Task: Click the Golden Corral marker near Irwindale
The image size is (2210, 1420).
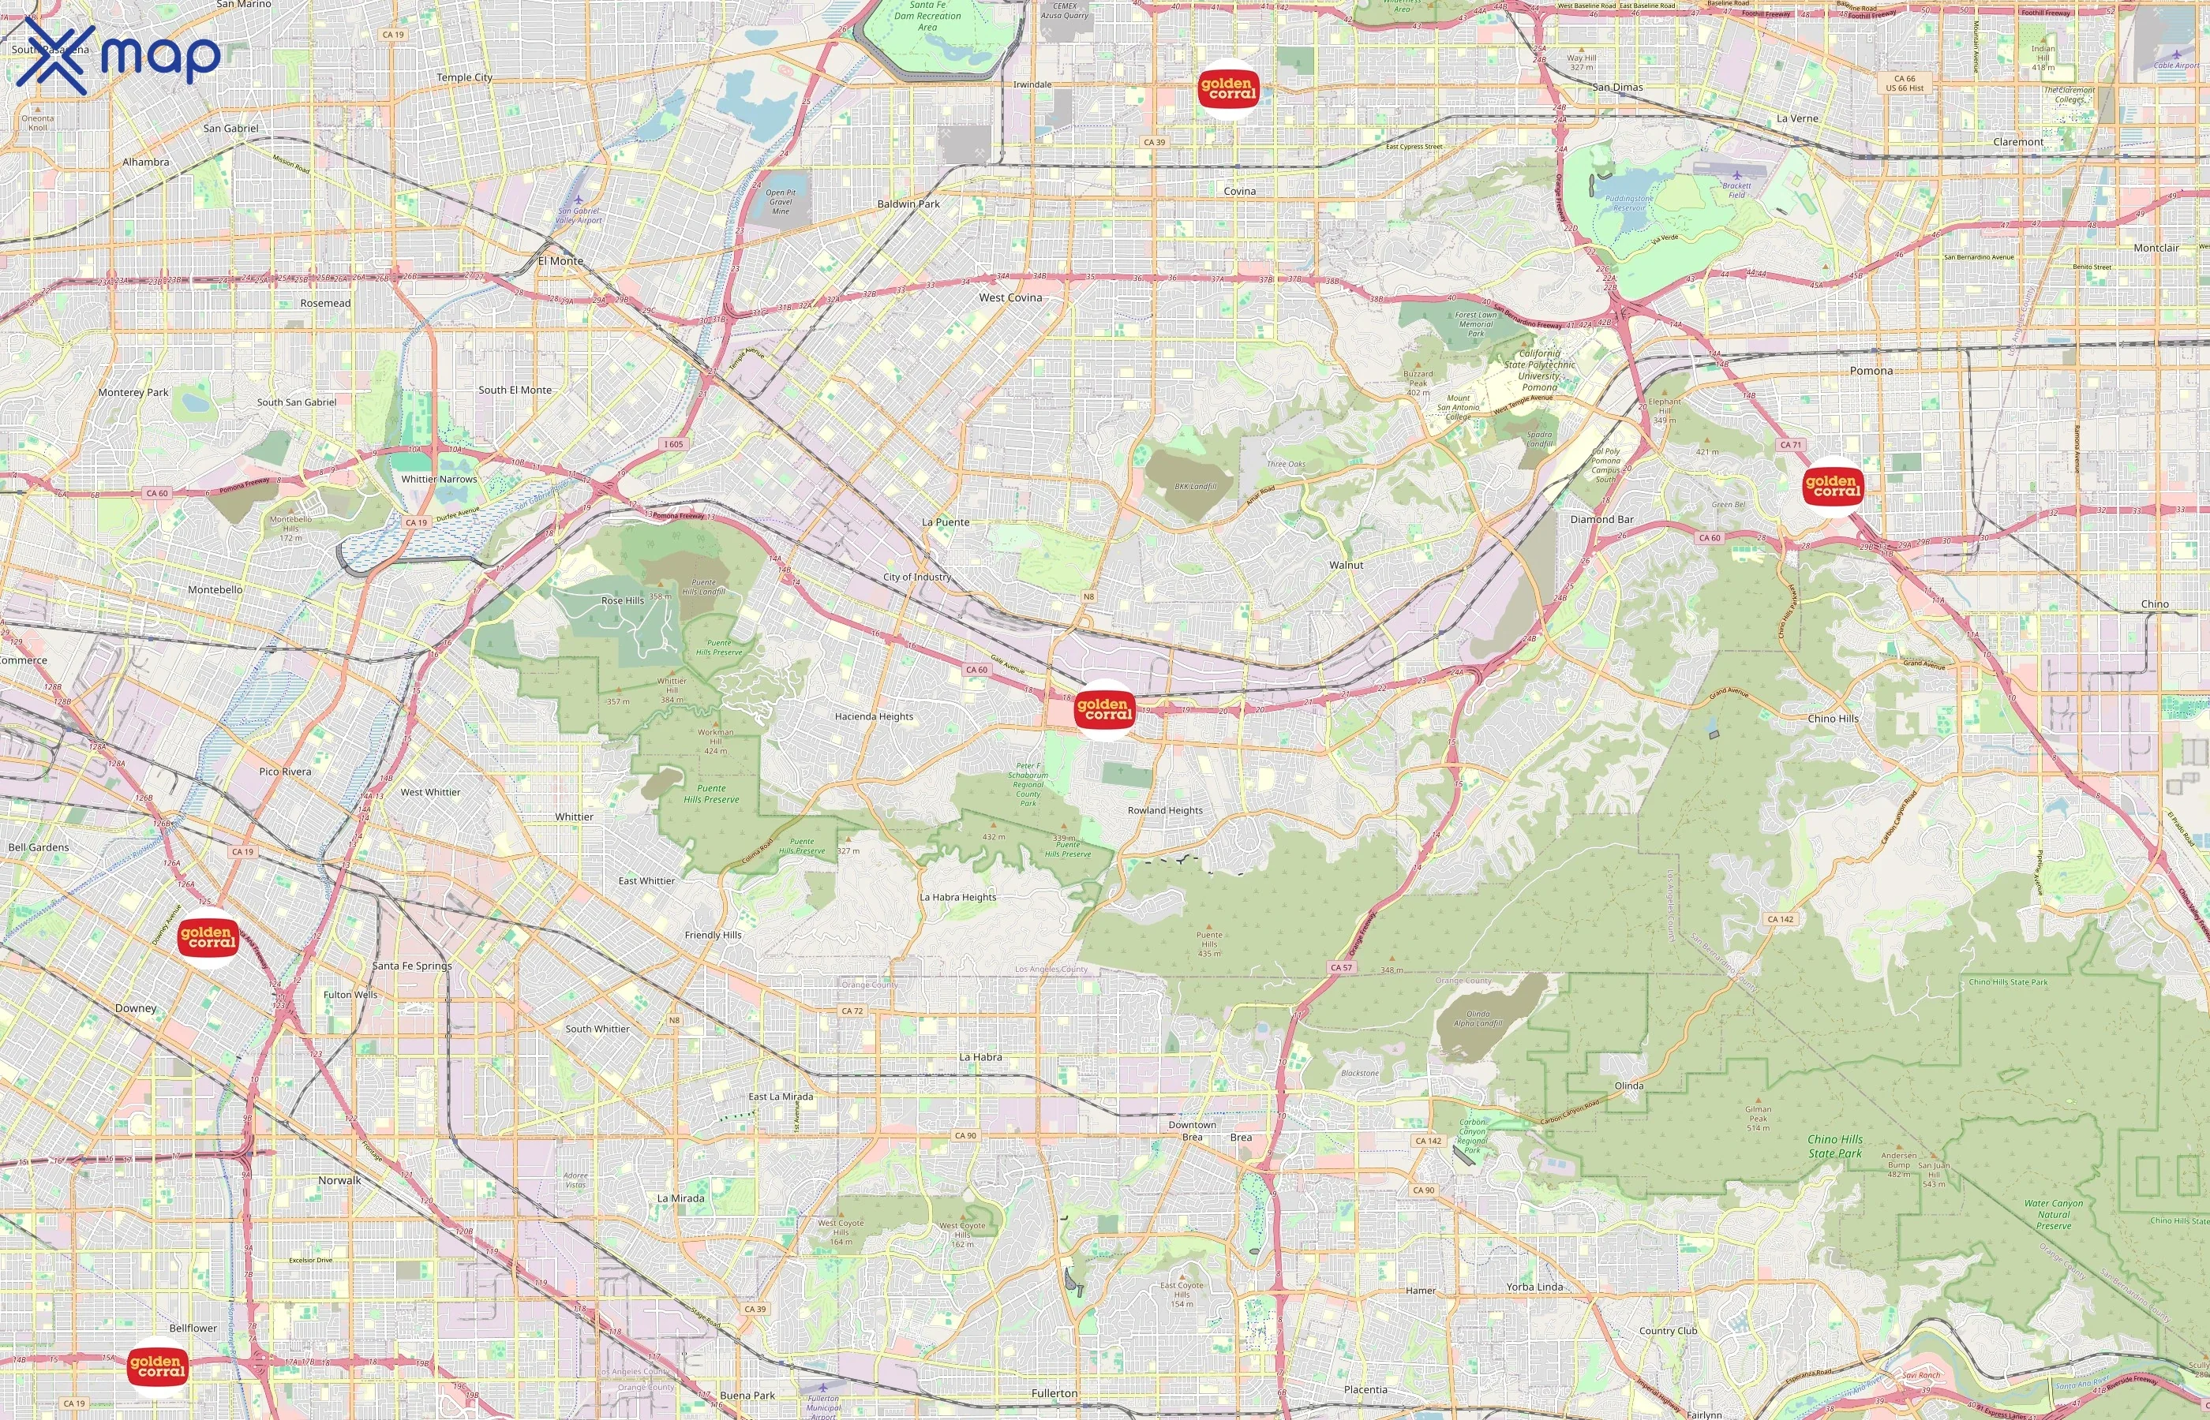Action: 1227,88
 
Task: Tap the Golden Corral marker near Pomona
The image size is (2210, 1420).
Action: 1833,486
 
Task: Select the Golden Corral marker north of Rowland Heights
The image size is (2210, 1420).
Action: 1104,709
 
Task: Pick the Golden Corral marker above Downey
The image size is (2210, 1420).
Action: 208,937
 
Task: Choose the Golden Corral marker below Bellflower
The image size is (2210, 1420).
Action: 157,1366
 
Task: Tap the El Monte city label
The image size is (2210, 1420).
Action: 561,261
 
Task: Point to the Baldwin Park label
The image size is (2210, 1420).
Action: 908,204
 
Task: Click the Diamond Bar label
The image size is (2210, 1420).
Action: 1601,519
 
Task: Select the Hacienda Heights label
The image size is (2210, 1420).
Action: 874,716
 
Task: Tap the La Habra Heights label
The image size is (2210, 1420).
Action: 957,897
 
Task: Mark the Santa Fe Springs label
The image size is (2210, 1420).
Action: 411,966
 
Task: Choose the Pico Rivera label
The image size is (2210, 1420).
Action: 285,772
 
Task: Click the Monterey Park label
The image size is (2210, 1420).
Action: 133,392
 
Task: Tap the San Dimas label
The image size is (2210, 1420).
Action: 1617,88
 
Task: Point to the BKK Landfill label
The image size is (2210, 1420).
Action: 1196,486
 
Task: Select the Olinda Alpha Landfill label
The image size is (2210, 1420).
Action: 1478,1018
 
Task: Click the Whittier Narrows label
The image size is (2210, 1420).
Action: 439,480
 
